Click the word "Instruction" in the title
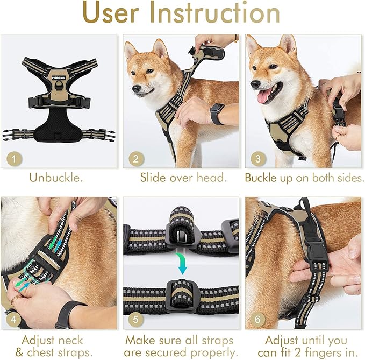coord(222,15)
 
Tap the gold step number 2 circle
coord(136,158)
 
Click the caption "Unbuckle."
coord(56,178)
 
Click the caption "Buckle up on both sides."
coord(304,178)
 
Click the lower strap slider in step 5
coord(182,293)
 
